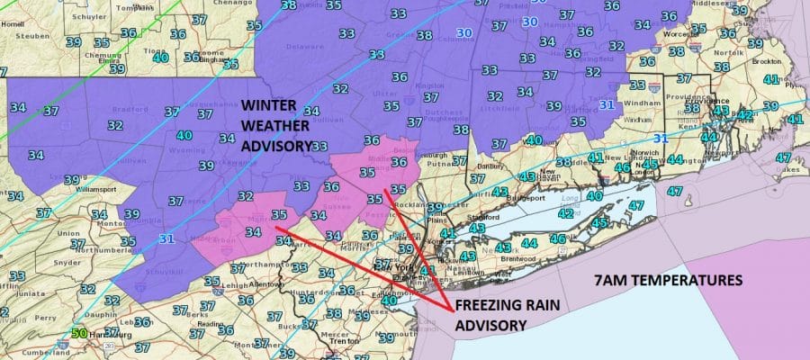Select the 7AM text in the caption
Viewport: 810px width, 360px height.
pos(612,281)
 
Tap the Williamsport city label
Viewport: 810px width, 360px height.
pos(96,191)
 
